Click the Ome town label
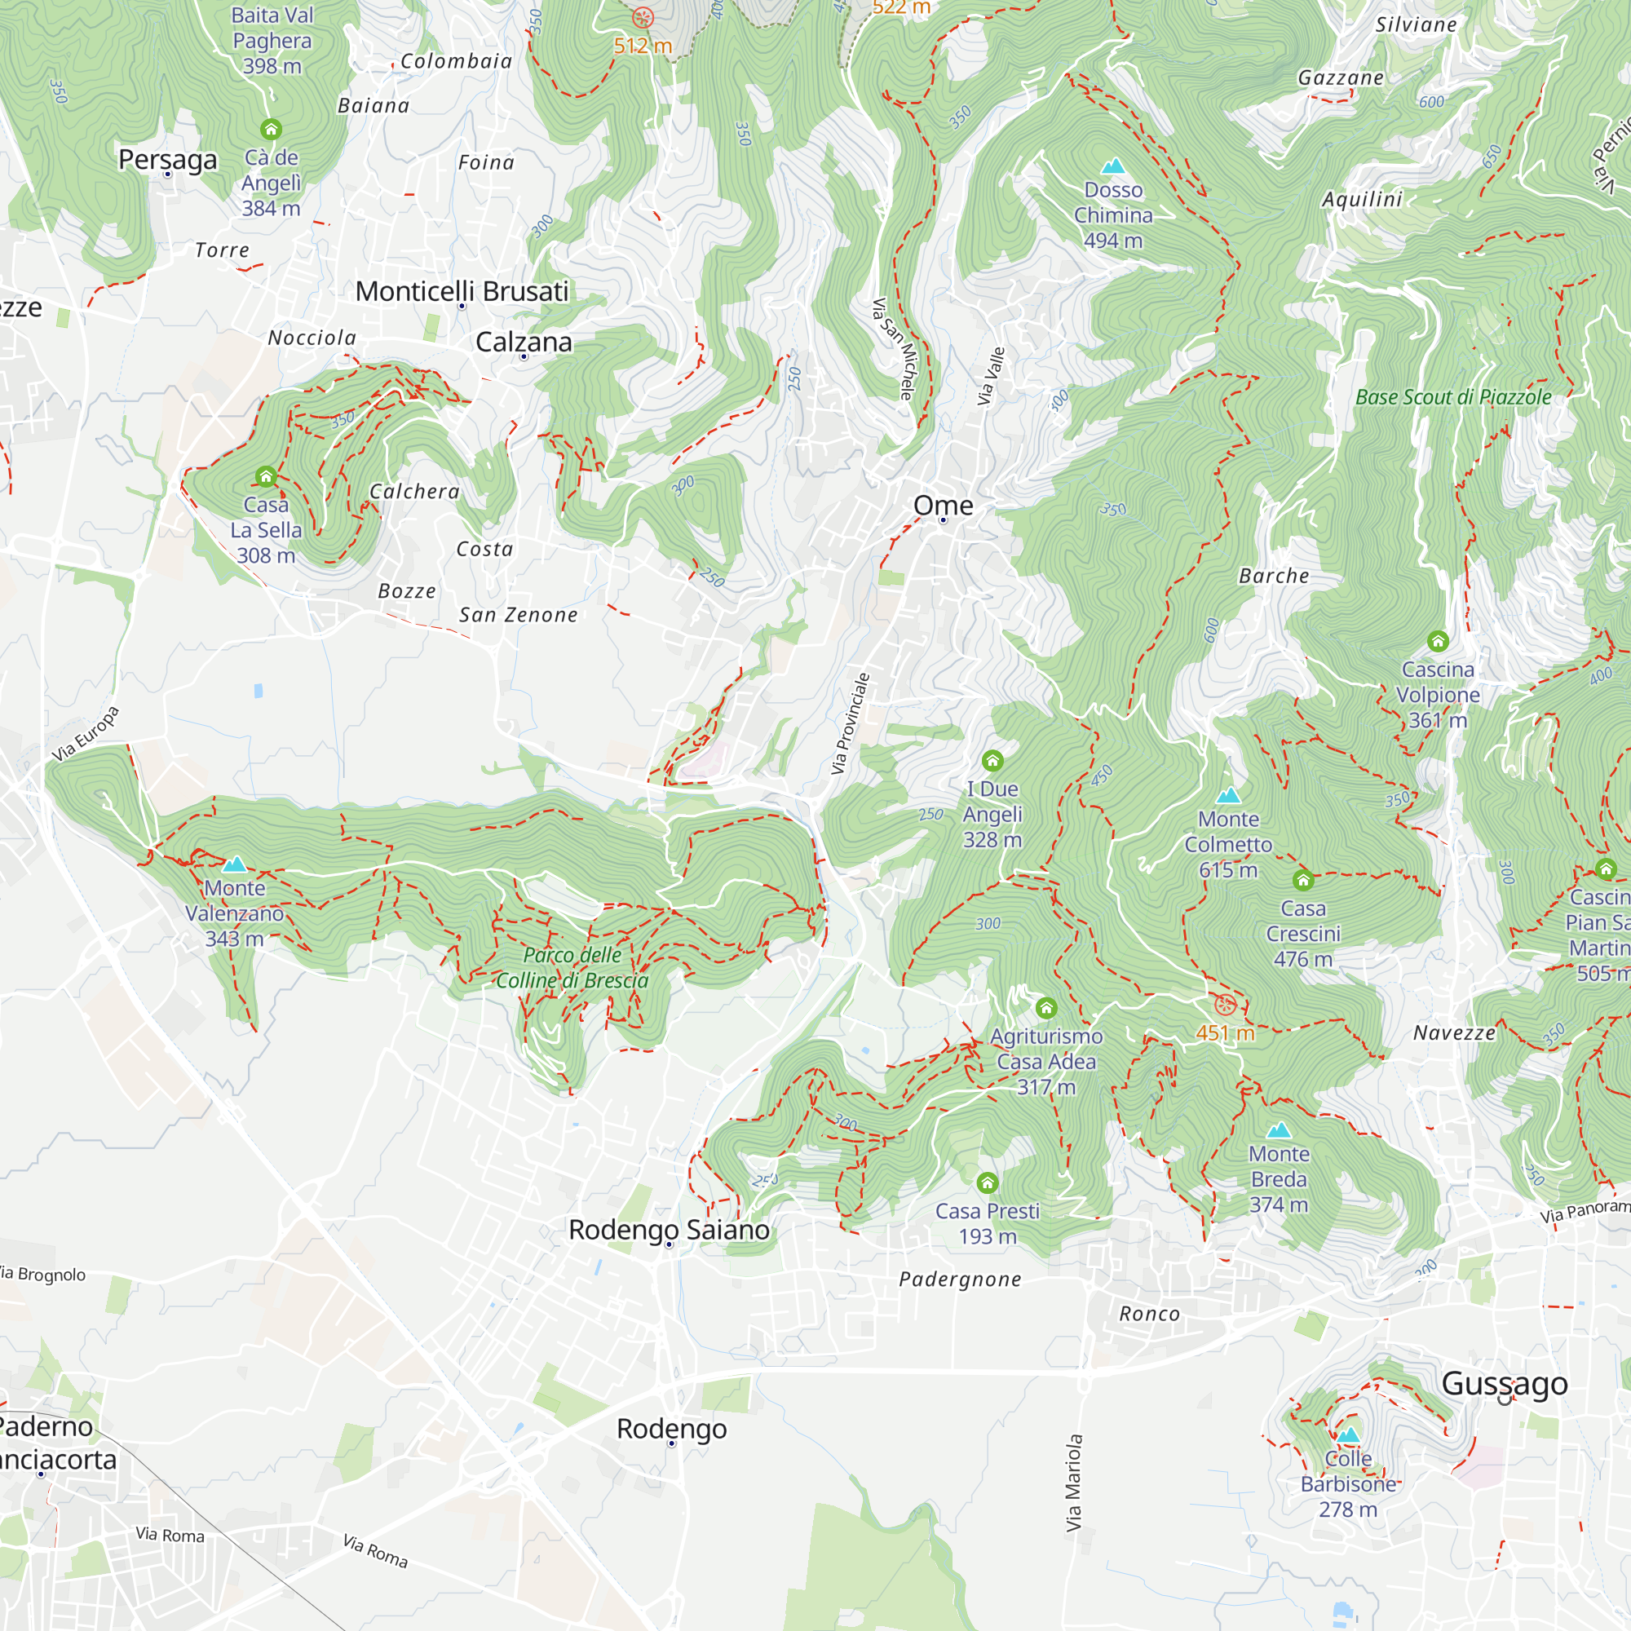point(943,505)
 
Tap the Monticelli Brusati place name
point(462,291)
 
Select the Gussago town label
point(1505,1383)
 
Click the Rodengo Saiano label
point(669,1229)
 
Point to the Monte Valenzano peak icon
point(235,864)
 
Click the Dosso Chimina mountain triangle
point(1113,166)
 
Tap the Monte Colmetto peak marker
point(1228,795)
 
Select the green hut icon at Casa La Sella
point(266,477)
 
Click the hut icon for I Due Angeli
point(992,761)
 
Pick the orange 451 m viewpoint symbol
point(1225,1006)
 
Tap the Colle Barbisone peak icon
point(1348,1434)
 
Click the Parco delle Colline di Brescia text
point(572,967)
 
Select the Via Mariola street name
point(1074,1483)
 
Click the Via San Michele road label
point(893,348)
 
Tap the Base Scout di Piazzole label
point(1453,397)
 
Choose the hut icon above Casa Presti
point(987,1182)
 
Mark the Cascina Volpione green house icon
point(1438,642)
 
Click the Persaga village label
point(167,159)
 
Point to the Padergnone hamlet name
point(960,1279)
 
